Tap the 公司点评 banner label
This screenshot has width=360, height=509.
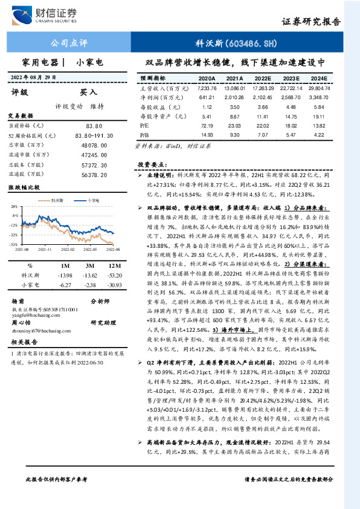tap(68, 44)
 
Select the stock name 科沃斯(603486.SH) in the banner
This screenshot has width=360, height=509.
tap(236, 44)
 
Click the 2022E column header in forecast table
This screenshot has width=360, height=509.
tap(262, 79)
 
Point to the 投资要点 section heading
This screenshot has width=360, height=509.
tap(152, 164)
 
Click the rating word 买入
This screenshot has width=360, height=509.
tap(89, 92)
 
